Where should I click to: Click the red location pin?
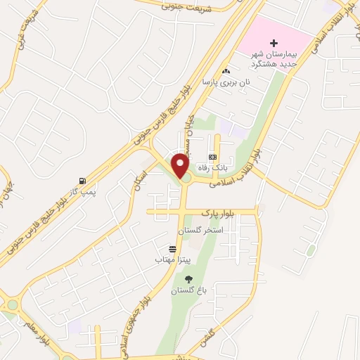pyautogui.click(x=181, y=165)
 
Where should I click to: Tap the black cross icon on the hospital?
pyautogui.click(x=274, y=44)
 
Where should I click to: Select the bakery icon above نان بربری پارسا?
pyautogui.click(x=225, y=71)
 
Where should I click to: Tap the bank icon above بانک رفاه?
pyautogui.click(x=212, y=157)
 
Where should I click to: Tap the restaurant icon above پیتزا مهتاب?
pyautogui.click(x=173, y=250)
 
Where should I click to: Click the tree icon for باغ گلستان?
pyautogui.click(x=187, y=280)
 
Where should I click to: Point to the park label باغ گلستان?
pyautogui.click(x=184, y=290)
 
